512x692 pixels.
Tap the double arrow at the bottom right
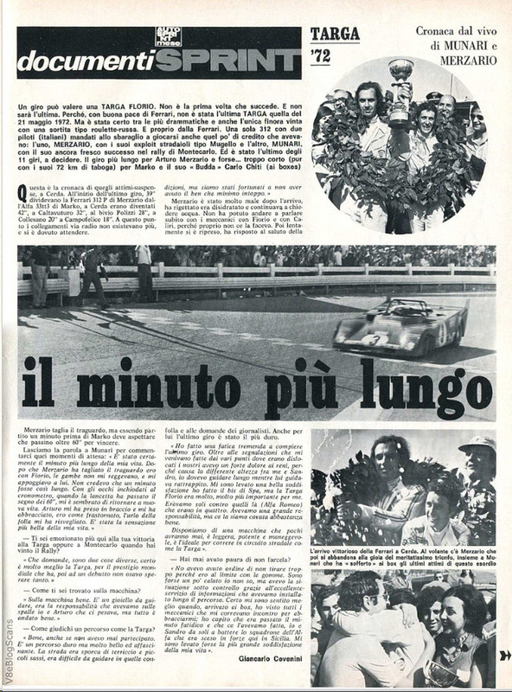coord(504,655)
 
